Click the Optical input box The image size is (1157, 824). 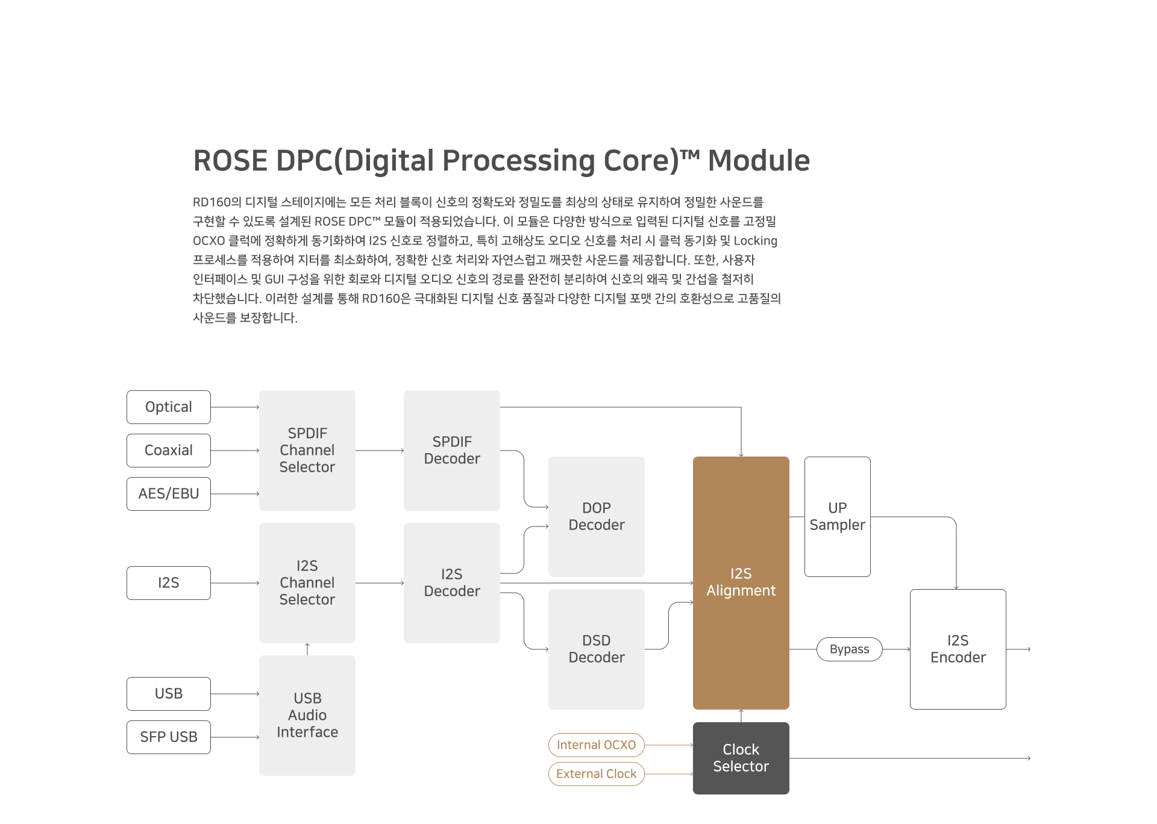(169, 407)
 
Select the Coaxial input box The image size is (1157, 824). (169, 451)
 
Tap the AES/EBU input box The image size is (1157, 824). (169, 494)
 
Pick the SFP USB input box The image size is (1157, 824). (169, 737)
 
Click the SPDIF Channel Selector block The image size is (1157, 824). (307, 451)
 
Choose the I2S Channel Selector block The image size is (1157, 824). (307, 583)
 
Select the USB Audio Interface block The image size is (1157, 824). (307, 716)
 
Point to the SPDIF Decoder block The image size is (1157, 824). (452, 451)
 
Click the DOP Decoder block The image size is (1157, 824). (597, 517)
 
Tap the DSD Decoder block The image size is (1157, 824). (597, 649)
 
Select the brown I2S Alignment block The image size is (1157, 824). (741, 583)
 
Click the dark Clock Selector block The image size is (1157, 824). (741, 758)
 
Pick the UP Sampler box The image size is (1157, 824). (838, 517)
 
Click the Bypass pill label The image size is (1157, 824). (850, 649)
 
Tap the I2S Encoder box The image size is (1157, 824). (958, 649)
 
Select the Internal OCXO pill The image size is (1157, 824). (597, 745)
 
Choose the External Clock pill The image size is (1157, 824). (597, 774)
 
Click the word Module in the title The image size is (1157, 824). (759, 161)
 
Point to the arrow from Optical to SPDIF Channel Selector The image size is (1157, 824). (235, 407)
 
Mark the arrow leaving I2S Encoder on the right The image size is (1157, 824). (1018, 649)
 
